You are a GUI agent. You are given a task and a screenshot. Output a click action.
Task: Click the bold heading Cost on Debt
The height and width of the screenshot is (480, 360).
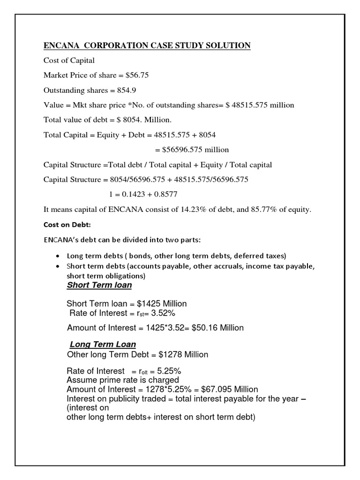(x=67, y=225)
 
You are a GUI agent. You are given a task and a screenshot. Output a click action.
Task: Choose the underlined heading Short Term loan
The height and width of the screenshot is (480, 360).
(x=99, y=285)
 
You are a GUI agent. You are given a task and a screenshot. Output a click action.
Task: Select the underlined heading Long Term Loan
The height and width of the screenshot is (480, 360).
(x=103, y=345)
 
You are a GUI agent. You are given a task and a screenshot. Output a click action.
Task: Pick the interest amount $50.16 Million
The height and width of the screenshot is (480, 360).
(x=217, y=328)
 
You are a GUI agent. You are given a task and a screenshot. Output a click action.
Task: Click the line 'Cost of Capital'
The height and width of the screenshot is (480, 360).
(x=69, y=60)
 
